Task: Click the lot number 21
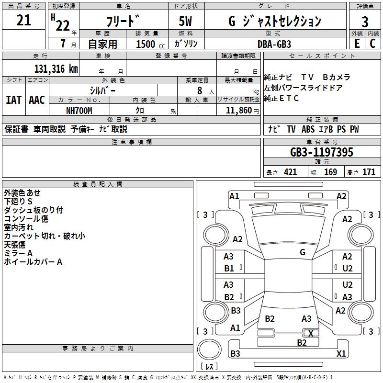(x=23, y=20)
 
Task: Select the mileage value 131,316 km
(x=56, y=69)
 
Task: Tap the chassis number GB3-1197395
(x=322, y=152)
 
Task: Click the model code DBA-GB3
(x=274, y=44)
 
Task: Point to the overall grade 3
(x=365, y=22)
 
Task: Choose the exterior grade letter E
(x=357, y=44)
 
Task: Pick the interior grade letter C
(x=372, y=44)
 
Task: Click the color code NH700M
(x=79, y=111)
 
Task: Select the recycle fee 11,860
(x=238, y=111)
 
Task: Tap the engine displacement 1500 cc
(x=150, y=44)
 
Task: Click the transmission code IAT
(x=14, y=100)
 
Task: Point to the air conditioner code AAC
(x=37, y=100)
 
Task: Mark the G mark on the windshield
(x=303, y=252)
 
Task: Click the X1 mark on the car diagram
(x=341, y=353)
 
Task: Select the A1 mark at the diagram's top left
(x=234, y=196)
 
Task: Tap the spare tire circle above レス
(x=209, y=349)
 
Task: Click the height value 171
(x=369, y=172)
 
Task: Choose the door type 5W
(x=185, y=21)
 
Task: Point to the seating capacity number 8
(x=200, y=90)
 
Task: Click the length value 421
(x=291, y=172)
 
